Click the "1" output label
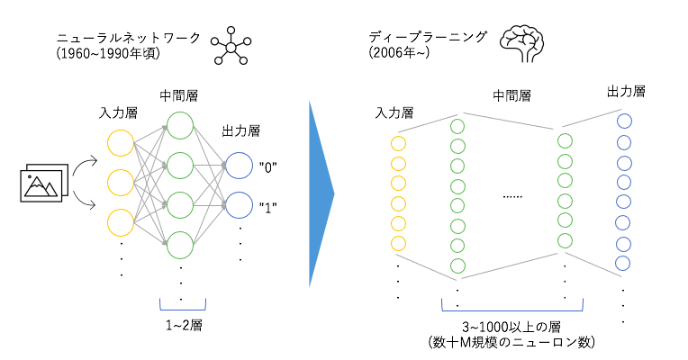[267, 206]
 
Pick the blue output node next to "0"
[240, 166]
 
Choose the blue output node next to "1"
[240, 206]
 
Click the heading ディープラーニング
[429, 38]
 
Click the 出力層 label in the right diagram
[627, 92]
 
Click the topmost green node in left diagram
[179, 125]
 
